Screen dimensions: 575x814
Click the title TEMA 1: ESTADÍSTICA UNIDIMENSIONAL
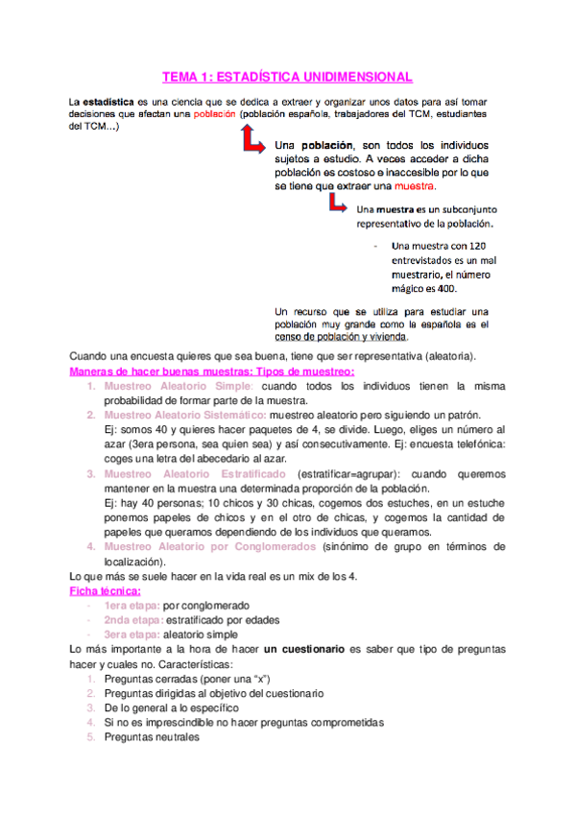click(x=287, y=76)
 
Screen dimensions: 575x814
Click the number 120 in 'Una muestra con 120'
click(x=456, y=247)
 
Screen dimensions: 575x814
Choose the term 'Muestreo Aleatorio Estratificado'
click(x=196, y=474)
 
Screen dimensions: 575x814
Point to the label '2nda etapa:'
click(x=133, y=620)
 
